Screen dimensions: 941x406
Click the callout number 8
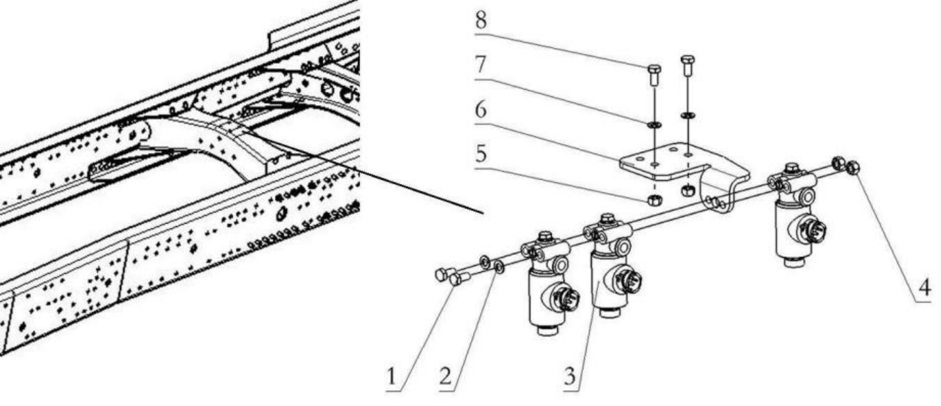481,20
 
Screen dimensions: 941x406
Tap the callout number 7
481,64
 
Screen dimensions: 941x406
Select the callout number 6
481,109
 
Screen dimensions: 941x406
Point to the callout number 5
481,154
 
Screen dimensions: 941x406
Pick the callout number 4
924,288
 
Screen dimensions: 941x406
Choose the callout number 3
570,375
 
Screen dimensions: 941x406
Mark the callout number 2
445,375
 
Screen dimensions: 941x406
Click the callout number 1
391,376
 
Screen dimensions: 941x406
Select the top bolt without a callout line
687,66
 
